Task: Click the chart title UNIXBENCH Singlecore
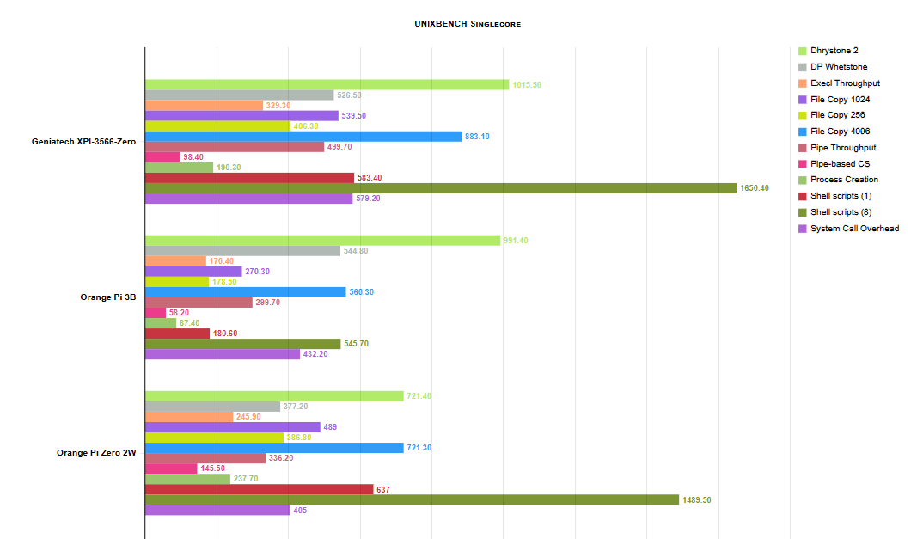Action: coord(467,24)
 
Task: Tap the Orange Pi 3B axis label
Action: coord(108,297)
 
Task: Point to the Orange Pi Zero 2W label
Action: coord(96,453)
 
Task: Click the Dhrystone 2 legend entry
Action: coord(834,51)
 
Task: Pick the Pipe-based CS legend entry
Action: coord(840,163)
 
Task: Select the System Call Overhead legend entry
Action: coord(854,228)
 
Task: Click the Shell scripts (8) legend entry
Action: coord(841,211)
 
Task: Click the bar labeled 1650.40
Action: coord(441,188)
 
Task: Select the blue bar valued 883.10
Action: coord(303,137)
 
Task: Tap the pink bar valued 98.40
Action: coord(162,157)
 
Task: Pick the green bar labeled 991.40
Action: coord(322,241)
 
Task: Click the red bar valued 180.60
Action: coord(177,334)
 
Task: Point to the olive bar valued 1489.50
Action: coord(412,499)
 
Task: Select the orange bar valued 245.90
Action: coord(189,417)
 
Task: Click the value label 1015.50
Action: coord(527,85)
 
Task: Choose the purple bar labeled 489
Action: coord(232,427)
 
